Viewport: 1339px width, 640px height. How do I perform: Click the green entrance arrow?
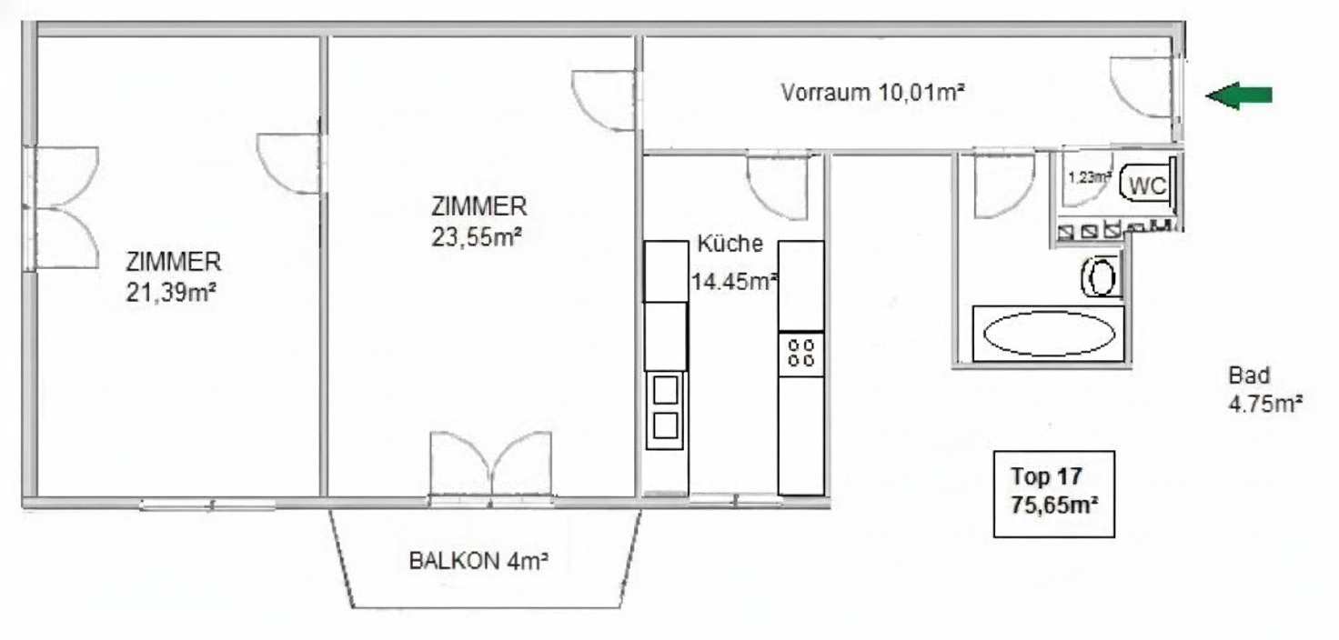1238,95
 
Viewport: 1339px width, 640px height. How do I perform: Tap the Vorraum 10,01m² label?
872,93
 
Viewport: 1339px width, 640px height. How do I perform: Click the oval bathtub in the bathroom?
1049,334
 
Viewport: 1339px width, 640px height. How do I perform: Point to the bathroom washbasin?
1101,276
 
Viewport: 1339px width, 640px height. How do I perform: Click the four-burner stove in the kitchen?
801,353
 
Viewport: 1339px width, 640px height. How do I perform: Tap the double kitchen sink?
665,410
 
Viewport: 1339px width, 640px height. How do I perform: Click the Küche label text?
730,244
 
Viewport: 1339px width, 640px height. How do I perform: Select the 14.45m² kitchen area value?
734,281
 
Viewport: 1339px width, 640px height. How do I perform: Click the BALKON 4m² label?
478,561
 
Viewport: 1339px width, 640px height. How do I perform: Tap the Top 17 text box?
1054,494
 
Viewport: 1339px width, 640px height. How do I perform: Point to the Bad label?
1249,375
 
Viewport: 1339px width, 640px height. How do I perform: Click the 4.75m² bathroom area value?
1265,404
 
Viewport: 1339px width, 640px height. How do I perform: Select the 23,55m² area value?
477,237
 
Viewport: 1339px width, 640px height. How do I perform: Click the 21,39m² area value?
171,293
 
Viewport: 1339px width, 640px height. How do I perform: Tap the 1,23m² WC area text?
1089,177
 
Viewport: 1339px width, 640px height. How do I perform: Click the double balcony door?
491,464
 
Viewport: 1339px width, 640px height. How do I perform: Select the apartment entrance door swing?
1141,86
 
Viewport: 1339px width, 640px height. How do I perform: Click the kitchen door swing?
777,186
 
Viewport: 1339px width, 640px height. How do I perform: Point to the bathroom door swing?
1004,185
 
